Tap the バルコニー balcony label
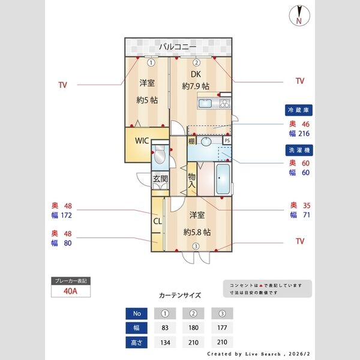(178, 46)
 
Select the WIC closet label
(142, 141)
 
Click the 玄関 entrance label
(160, 178)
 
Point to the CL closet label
(157, 221)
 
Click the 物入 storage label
(192, 181)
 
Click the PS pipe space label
(227, 140)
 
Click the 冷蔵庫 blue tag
(299, 110)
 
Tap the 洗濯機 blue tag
(299, 151)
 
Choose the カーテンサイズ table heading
(180, 296)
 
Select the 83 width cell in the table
(166, 328)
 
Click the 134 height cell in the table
(166, 343)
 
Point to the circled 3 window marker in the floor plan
(195, 246)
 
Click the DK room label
(196, 74)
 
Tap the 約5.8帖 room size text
(196, 232)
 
